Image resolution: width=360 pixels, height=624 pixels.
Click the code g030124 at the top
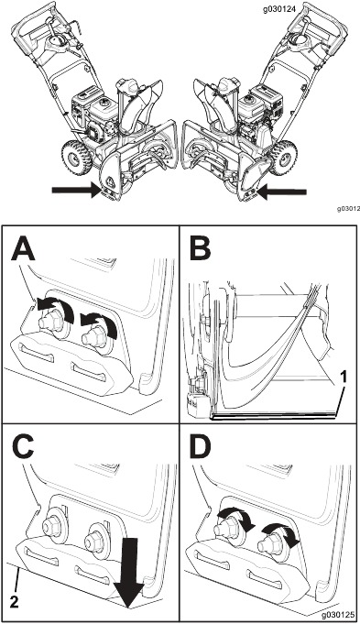coord(279,10)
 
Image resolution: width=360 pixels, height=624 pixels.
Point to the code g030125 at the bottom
coord(338,615)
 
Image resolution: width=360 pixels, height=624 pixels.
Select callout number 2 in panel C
coord(15,603)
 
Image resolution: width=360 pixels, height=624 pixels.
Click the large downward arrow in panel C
coord(128,573)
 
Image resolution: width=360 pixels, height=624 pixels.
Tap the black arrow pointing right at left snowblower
coord(78,191)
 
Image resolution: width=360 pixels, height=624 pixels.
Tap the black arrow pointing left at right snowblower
coord(281,192)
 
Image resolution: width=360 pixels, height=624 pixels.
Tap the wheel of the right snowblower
coord(285,159)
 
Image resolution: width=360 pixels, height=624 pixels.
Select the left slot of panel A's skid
coord(38,353)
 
